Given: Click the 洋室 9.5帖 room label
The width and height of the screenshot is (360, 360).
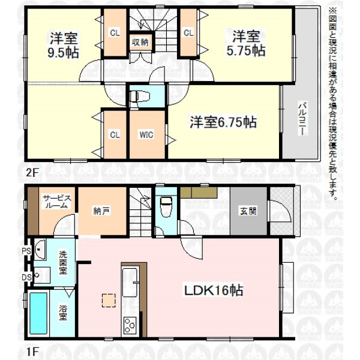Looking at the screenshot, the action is click(x=64, y=45).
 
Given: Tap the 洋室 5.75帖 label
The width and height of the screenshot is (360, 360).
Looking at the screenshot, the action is click(x=246, y=43).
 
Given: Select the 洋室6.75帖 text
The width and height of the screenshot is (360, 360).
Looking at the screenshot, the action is click(x=223, y=122).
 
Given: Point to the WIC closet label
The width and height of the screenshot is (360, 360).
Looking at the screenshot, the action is click(x=146, y=134).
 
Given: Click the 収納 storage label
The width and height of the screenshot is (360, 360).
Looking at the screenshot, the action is click(x=140, y=42).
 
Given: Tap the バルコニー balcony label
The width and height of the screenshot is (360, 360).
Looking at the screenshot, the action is click(x=303, y=118).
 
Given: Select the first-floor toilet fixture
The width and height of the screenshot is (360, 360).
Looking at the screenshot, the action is click(x=166, y=207).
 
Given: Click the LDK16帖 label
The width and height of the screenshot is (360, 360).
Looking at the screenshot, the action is click(x=214, y=290).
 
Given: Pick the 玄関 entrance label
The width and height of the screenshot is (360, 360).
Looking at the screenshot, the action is click(x=248, y=211).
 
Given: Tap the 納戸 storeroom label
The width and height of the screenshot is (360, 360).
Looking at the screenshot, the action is click(x=101, y=211).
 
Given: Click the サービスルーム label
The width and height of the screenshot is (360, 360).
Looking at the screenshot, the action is click(x=57, y=202).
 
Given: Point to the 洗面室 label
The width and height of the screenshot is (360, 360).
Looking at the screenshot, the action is click(x=63, y=263).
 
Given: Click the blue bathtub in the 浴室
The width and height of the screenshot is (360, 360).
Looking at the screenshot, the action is click(x=38, y=313).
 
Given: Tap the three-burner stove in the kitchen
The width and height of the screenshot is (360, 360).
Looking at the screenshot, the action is click(x=130, y=325).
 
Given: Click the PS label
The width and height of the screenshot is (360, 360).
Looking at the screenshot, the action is click(x=26, y=251).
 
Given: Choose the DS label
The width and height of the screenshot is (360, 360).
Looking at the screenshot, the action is click(x=26, y=277).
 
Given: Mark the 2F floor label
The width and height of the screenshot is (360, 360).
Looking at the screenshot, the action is click(x=31, y=172).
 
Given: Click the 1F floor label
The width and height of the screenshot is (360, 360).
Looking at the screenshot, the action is click(x=31, y=351).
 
